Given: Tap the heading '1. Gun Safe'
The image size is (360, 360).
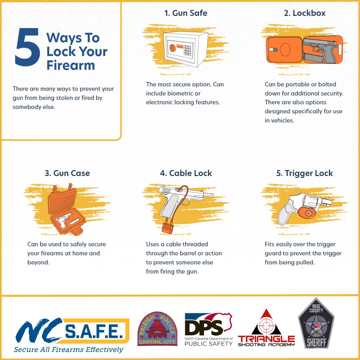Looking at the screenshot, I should click(186, 13).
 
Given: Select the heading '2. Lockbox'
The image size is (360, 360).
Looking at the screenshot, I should click(304, 13).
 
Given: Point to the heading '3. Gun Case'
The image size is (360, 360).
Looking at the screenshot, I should click(67, 173).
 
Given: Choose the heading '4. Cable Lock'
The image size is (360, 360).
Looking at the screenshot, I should click(186, 173).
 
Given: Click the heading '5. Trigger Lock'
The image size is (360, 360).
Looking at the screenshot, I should click(304, 173).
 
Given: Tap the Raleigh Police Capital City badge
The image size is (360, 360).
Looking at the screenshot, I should click(157, 329).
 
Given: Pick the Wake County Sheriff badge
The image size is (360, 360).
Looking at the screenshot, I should click(316, 328).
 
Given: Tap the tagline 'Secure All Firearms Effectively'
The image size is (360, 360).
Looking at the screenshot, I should click(68, 350).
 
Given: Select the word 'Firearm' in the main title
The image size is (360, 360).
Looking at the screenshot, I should click(71, 65).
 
